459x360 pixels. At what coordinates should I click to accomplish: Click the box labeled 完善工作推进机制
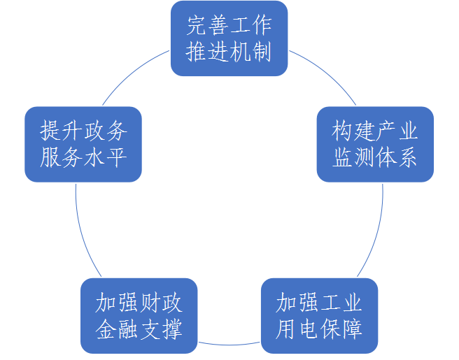[x=229, y=39]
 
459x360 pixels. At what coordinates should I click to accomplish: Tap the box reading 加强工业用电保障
[x=319, y=316]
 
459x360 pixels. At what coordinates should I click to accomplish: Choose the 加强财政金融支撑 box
[x=139, y=316]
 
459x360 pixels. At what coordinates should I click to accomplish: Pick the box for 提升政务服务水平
[x=83, y=145]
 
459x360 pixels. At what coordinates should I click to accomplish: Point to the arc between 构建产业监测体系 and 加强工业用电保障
[x=378, y=231]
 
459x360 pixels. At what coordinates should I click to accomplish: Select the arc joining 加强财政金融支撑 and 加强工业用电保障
[x=229, y=344]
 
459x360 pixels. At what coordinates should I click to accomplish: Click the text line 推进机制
[x=229, y=52]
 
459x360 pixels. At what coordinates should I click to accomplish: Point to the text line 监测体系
[x=375, y=158]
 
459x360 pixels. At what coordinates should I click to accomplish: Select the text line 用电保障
[x=319, y=329]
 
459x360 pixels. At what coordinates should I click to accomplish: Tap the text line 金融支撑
[x=139, y=329]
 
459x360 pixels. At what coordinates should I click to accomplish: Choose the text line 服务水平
[x=83, y=157]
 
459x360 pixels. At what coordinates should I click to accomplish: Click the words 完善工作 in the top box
[x=229, y=27]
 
